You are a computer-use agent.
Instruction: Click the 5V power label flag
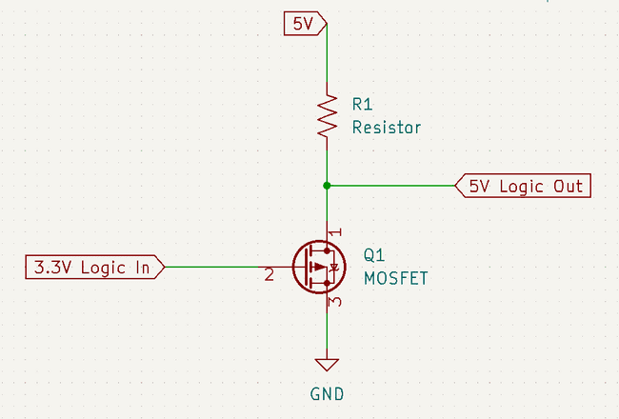coord(305,22)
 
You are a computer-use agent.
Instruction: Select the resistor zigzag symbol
coord(327,118)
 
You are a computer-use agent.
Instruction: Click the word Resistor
coord(386,128)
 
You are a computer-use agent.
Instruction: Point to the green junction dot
coord(327,185)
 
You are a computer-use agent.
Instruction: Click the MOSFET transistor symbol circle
coord(317,268)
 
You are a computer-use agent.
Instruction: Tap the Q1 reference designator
coord(374,256)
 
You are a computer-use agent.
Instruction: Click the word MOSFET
coord(396,278)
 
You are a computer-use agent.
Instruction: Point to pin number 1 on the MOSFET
coord(334,231)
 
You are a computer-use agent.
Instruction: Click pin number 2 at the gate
coord(270,276)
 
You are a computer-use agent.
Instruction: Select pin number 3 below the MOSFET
coord(334,303)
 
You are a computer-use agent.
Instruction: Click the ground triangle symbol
coord(327,363)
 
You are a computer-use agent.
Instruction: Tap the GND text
coord(327,393)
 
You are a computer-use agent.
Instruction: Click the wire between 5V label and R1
coord(327,57)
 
